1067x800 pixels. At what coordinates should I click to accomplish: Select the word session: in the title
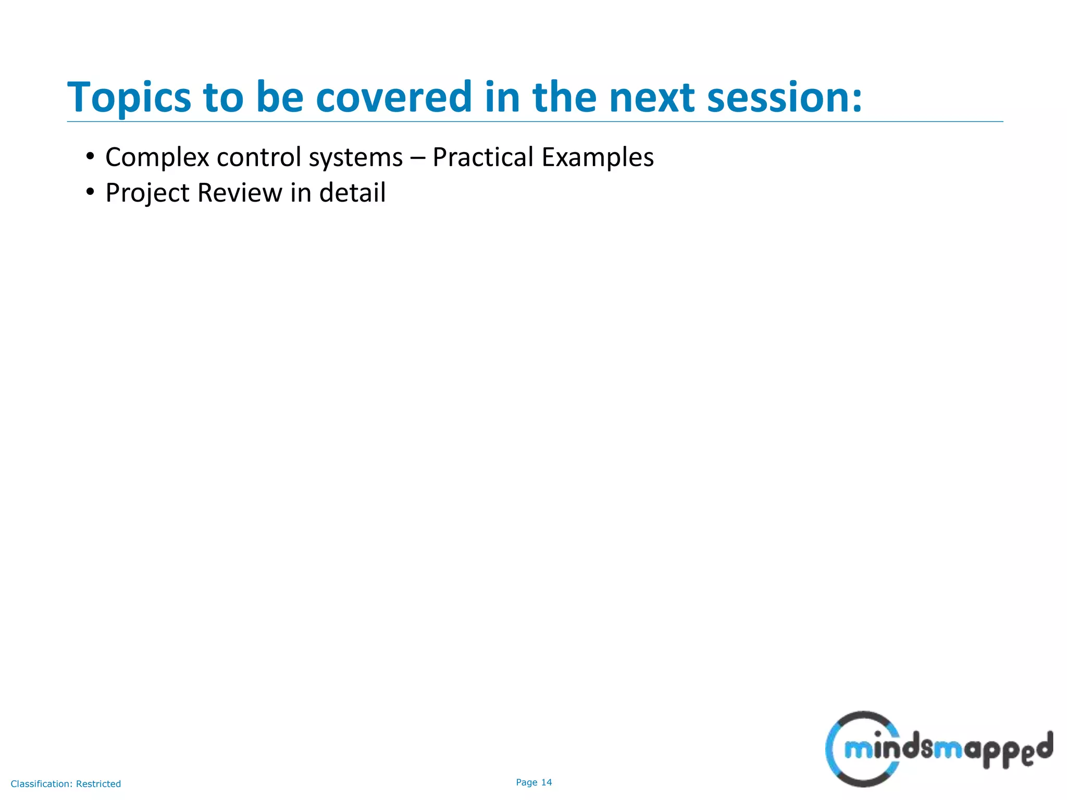[784, 98]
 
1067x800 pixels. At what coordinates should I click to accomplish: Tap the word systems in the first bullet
[356, 158]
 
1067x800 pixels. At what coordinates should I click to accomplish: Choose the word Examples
[598, 158]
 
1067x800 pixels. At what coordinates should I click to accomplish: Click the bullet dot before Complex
[90, 156]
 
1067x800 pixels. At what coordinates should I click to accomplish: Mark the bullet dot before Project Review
[90, 192]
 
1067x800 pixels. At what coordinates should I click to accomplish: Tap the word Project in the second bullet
[147, 193]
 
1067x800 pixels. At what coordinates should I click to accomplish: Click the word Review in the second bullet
[240, 193]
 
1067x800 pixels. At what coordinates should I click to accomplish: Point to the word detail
[352, 192]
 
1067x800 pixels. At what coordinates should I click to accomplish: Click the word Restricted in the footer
[98, 784]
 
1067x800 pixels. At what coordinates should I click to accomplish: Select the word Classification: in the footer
[42, 784]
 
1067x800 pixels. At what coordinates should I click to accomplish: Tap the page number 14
[547, 782]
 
